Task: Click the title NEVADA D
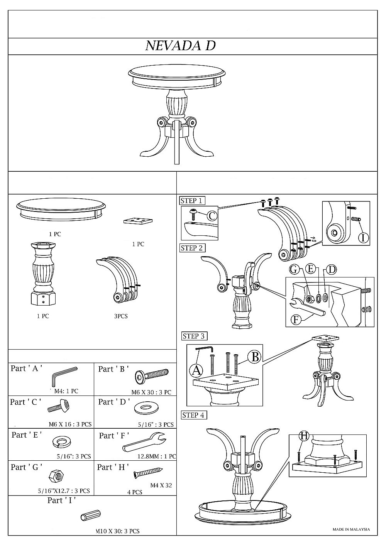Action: pos(180,46)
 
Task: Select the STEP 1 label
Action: pos(191,201)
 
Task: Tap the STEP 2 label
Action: pos(191,248)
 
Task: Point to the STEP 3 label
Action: pos(193,336)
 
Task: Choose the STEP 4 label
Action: pos(193,415)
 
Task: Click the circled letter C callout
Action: pos(212,216)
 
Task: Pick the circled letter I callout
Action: pos(362,237)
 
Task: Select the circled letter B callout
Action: pos(255,357)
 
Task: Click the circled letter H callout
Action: pos(304,436)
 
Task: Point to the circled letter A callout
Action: pos(196,370)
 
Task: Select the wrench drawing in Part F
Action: pos(144,441)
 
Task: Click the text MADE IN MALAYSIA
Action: pos(351,529)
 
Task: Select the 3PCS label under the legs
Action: pos(120,316)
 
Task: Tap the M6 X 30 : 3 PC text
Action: pos(151,392)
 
